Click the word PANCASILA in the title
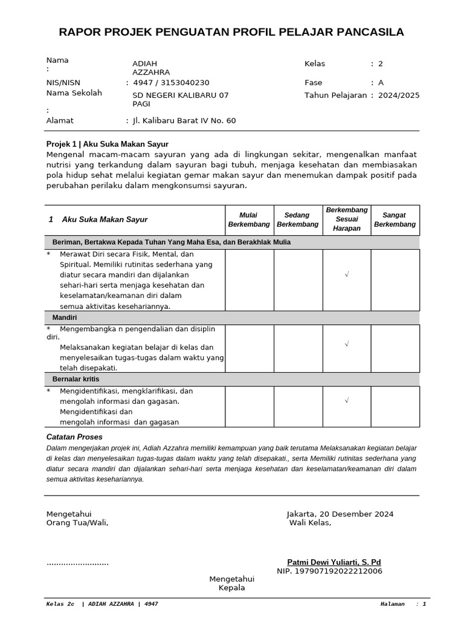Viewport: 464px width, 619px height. (x=366, y=32)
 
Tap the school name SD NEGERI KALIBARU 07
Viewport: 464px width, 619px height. (x=181, y=95)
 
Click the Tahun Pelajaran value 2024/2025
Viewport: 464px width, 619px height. (x=399, y=95)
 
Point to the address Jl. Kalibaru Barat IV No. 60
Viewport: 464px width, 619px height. (x=184, y=120)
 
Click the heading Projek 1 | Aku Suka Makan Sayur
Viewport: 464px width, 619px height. (x=108, y=144)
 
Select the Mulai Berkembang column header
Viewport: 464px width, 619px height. (x=250, y=219)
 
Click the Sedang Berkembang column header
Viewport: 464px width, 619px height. (x=298, y=219)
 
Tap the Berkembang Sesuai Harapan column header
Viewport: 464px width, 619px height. (x=347, y=219)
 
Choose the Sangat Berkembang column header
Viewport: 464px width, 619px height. (x=395, y=219)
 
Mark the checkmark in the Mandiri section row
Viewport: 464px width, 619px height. (x=347, y=344)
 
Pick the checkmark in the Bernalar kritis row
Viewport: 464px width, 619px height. (x=347, y=400)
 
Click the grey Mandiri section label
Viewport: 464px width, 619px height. (x=65, y=317)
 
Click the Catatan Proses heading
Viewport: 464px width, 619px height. (x=74, y=436)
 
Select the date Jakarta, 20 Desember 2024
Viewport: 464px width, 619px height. (x=340, y=514)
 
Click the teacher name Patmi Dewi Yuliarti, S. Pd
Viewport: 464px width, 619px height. (x=334, y=562)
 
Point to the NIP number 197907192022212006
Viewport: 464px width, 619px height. (x=329, y=571)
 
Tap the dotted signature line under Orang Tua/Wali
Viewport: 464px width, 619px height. (x=77, y=563)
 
